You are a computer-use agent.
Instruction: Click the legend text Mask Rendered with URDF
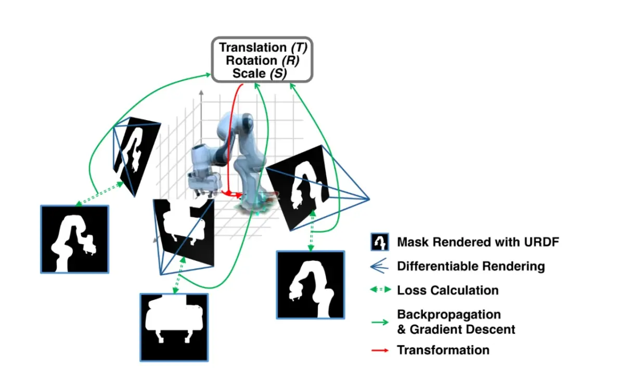(x=478, y=242)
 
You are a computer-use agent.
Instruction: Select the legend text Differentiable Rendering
(x=471, y=267)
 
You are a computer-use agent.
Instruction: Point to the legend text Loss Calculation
(x=447, y=290)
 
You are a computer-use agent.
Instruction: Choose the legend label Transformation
(x=443, y=350)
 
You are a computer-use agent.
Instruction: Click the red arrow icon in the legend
(x=380, y=351)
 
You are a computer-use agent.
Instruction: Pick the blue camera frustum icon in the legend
(x=380, y=267)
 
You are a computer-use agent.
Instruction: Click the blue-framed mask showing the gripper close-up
(x=174, y=327)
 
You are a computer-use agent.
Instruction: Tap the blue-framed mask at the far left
(x=74, y=239)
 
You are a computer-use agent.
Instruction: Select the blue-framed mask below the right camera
(x=310, y=285)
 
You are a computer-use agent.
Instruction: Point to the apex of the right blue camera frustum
(x=368, y=198)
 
